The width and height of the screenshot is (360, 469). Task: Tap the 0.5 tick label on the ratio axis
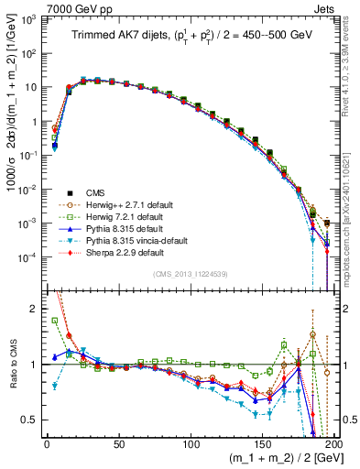(30, 420)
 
